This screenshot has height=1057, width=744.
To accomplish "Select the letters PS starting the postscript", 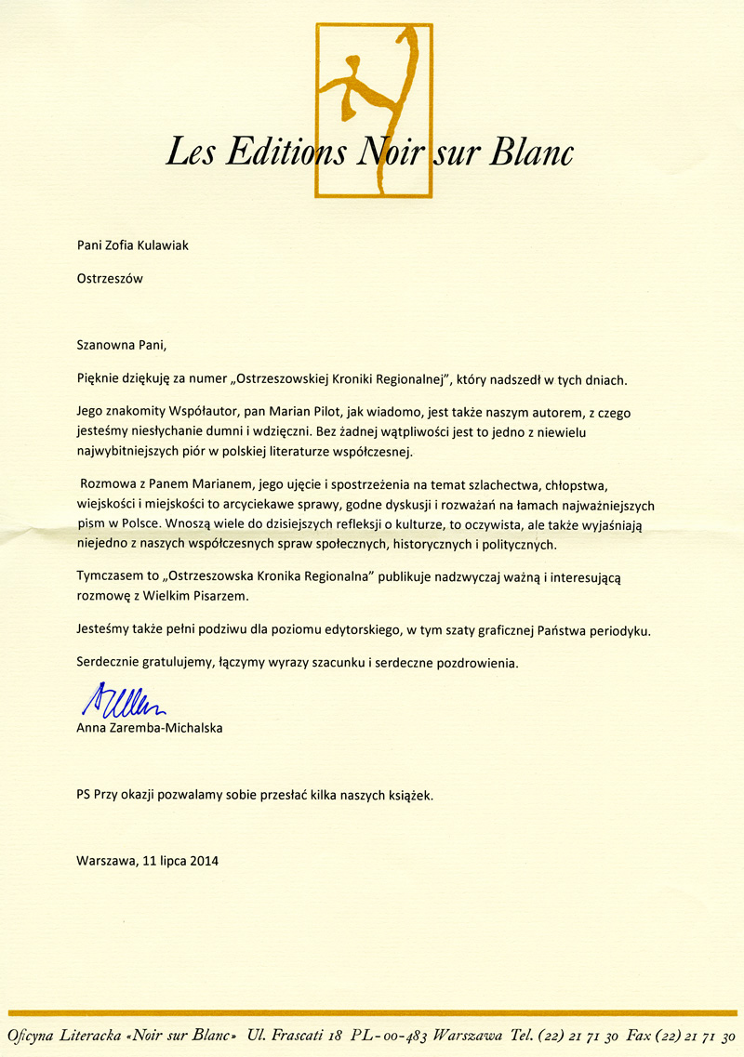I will click(85, 796).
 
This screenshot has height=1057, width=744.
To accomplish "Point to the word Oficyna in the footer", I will click(36, 1037).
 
